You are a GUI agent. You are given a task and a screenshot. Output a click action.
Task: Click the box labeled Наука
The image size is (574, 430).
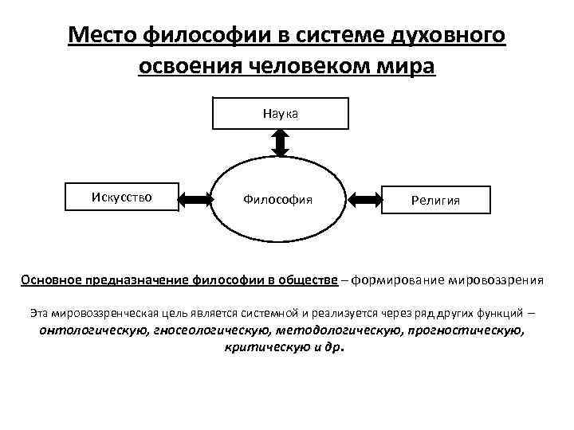coord(280,113)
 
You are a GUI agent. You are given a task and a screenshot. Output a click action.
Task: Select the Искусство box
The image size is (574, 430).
coord(121,194)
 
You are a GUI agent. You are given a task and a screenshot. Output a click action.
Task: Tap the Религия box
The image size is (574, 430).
coord(435,201)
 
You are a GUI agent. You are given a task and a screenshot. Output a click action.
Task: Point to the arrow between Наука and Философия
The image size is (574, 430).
coord(280,143)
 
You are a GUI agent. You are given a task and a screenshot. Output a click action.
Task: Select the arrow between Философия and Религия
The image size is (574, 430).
coord(366,197)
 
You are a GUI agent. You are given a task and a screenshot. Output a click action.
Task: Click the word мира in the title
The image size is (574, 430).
coord(412,65)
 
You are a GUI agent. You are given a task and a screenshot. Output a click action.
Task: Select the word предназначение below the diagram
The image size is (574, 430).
coord(140,280)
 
